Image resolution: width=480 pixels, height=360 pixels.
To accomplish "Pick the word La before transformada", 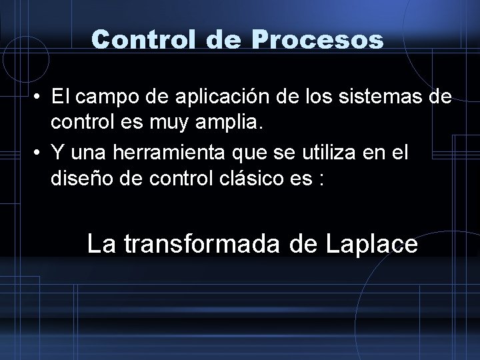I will coord(100,245).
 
